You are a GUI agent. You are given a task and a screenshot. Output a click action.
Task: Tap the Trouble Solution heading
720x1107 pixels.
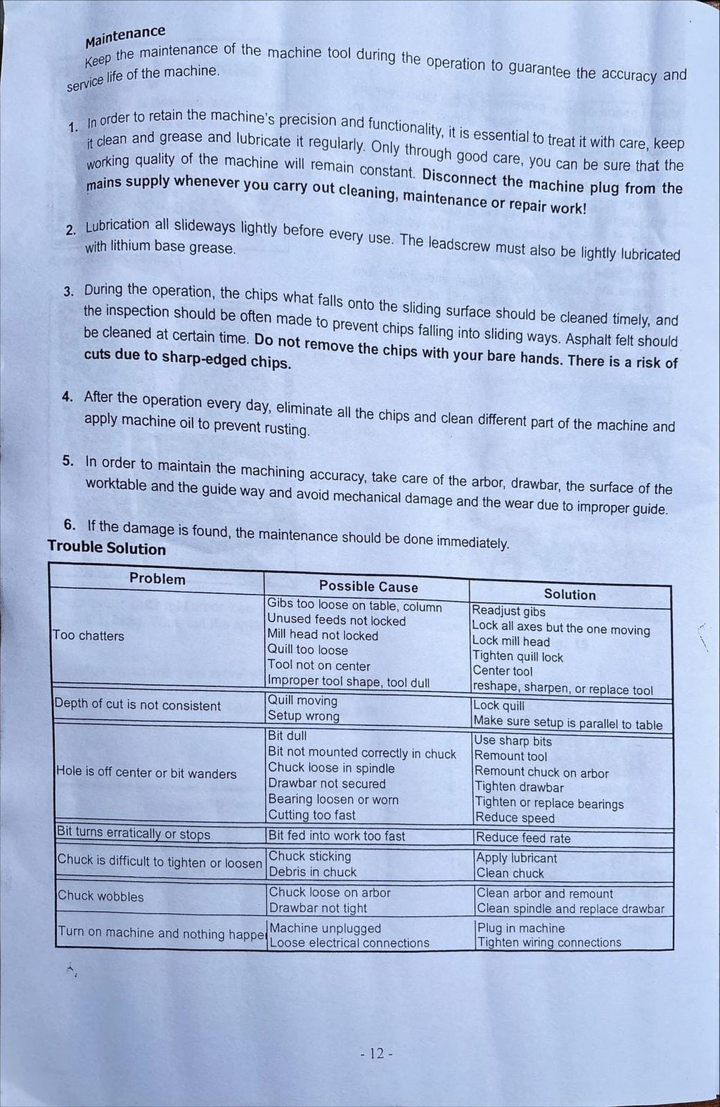pyautogui.click(x=107, y=548)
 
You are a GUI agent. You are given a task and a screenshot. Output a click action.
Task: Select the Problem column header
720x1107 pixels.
pyautogui.click(x=157, y=578)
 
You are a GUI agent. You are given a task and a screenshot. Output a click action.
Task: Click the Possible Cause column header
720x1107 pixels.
pyautogui.click(x=368, y=586)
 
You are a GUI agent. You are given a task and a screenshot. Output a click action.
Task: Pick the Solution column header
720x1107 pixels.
pyautogui.click(x=570, y=594)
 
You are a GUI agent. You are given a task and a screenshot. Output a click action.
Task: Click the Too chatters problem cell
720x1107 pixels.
pyautogui.click(x=89, y=635)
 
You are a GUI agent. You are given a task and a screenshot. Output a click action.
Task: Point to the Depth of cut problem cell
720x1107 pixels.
pyautogui.click(x=138, y=705)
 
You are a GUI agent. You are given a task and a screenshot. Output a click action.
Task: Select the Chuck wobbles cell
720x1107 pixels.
pyautogui.click(x=101, y=896)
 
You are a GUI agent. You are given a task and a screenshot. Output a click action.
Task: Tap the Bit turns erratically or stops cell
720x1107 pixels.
pyautogui.click(x=134, y=834)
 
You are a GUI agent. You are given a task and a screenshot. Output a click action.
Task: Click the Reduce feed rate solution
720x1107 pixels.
pyautogui.click(x=523, y=838)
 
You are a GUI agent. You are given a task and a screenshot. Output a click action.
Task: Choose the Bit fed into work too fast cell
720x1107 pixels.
pyautogui.click(x=337, y=836)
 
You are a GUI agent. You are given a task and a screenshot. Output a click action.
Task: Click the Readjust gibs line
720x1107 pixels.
pyautogui.click(x=508, y=611)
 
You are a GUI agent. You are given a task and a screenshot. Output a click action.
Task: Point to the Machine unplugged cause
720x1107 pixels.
pyautogui.click(x=325, y=928)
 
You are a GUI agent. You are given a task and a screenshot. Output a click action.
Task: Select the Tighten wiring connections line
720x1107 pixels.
pyautogui.click(x=549, y=943)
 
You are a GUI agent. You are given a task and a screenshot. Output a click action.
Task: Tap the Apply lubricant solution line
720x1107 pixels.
pyautogui.click(x=517, y=858)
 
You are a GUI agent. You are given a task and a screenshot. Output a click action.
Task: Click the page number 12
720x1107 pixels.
pyautogui.click(x=376, y=1054)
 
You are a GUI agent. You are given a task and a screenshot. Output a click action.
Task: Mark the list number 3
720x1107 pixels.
pyautogui.click(x=68, y=292)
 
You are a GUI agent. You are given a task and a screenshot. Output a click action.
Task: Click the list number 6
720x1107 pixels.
pyautogui.click(x=70, y=524)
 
